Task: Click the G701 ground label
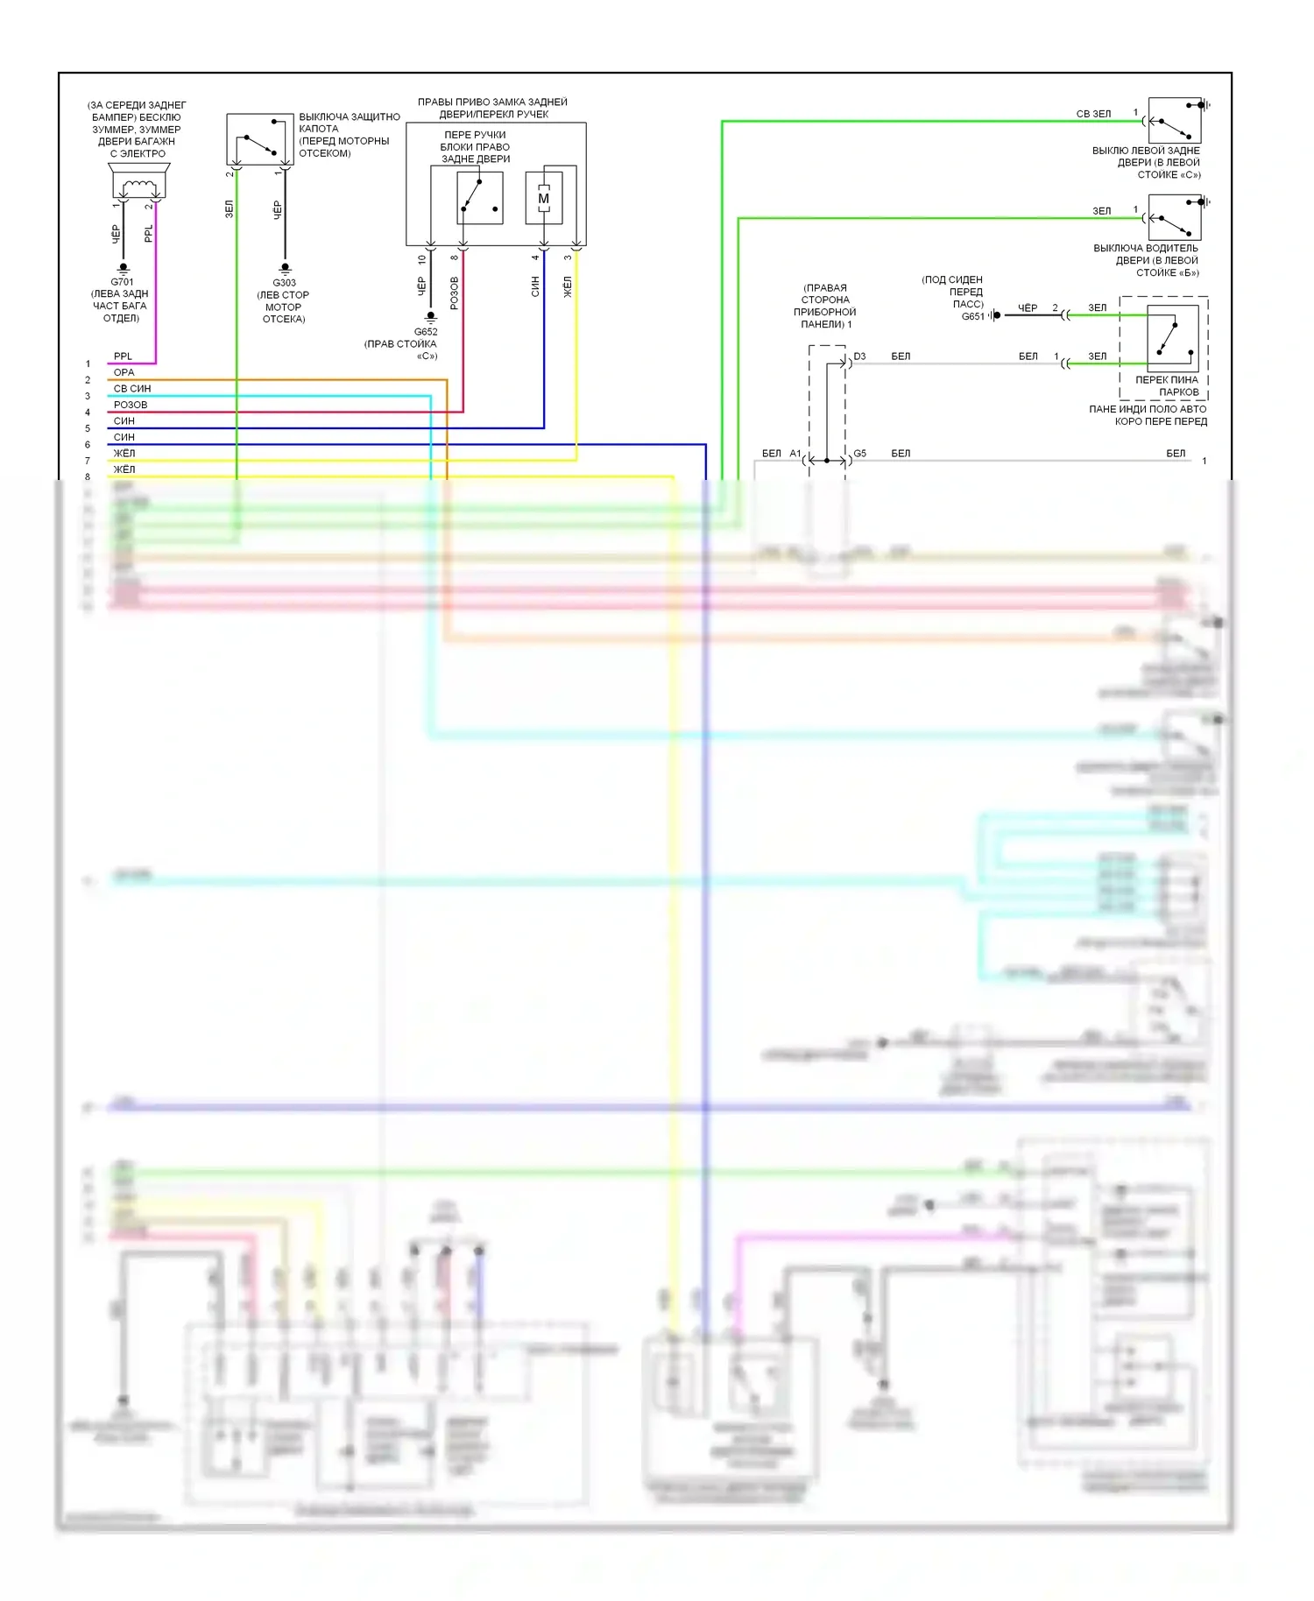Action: pos(123,282)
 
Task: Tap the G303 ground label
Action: pos(284,283)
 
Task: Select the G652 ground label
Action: pos(426,332)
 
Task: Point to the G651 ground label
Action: pos(972,316)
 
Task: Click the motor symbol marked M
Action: pos(544,199)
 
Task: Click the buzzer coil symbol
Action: pos(139,187)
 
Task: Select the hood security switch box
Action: pos(259,138)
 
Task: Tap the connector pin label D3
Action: pos(859,356)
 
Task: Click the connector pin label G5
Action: pos(859,454)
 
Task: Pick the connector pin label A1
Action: pos(795,454)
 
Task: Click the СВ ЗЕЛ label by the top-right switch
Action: pos(1093,114)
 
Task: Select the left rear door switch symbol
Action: pos(1174,121)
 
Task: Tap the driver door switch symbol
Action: pos(1174,218)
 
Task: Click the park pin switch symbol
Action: pos(1172,337)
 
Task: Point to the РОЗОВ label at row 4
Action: pos(131,405)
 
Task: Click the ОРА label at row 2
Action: pos(124,372)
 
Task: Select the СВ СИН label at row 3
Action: pos(132,389)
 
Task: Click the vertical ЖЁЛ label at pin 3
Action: pos(567,286)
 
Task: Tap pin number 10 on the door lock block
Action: pos(422,259)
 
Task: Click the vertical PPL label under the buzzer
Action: pos(148,234)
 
